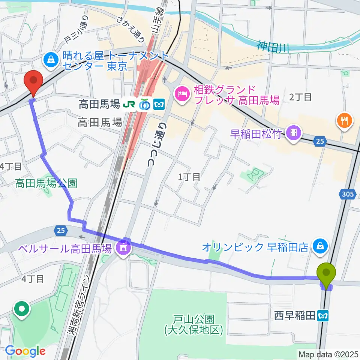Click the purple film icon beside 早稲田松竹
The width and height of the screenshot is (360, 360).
(292, 132)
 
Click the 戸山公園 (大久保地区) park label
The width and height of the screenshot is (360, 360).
(194, 325)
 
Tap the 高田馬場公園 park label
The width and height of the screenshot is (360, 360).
(46, 183)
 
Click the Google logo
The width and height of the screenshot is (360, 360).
(25, 351)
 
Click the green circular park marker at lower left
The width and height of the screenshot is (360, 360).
(22, 310)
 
